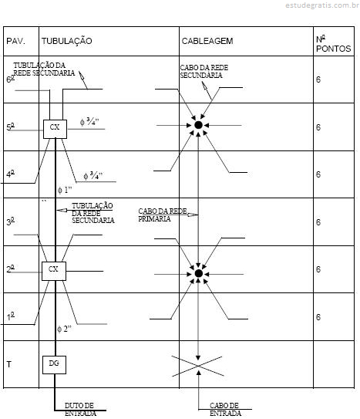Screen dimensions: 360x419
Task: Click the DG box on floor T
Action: [x=54, y=365]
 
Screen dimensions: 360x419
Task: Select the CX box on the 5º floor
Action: [x=55, y=129]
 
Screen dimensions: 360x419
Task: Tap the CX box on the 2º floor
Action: [x=54, y=271]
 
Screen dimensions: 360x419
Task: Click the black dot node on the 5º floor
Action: [x=198, y=125]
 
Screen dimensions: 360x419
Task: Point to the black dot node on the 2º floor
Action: [x=199, y=273]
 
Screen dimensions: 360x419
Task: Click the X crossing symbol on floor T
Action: [x=198, y=366]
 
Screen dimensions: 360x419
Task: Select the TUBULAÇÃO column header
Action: [x=67, y=41]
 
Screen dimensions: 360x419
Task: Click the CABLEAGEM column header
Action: [x=207, y=41]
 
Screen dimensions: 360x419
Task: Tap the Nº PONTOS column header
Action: [x=333, y=44]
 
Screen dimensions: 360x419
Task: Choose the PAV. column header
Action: [x=15, y=41]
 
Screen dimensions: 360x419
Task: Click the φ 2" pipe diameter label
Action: [x=64, y=329]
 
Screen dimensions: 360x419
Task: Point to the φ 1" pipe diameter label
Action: [x=65, y=190]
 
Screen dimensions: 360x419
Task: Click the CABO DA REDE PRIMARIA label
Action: [x=163, y=215]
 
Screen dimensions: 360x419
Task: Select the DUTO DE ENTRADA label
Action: [x=80, y=409]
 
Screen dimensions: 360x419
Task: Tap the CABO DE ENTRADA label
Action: [x=225, y=409]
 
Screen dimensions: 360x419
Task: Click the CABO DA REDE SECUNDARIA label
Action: [x=204, y=71]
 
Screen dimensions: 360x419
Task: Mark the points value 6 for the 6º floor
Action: [x=318, y=79]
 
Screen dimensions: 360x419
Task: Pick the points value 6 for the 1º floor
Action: [x=318, y=317]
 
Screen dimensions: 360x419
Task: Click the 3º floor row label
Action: [x=11, y=221]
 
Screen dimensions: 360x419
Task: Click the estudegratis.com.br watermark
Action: [x=322, y=5]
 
